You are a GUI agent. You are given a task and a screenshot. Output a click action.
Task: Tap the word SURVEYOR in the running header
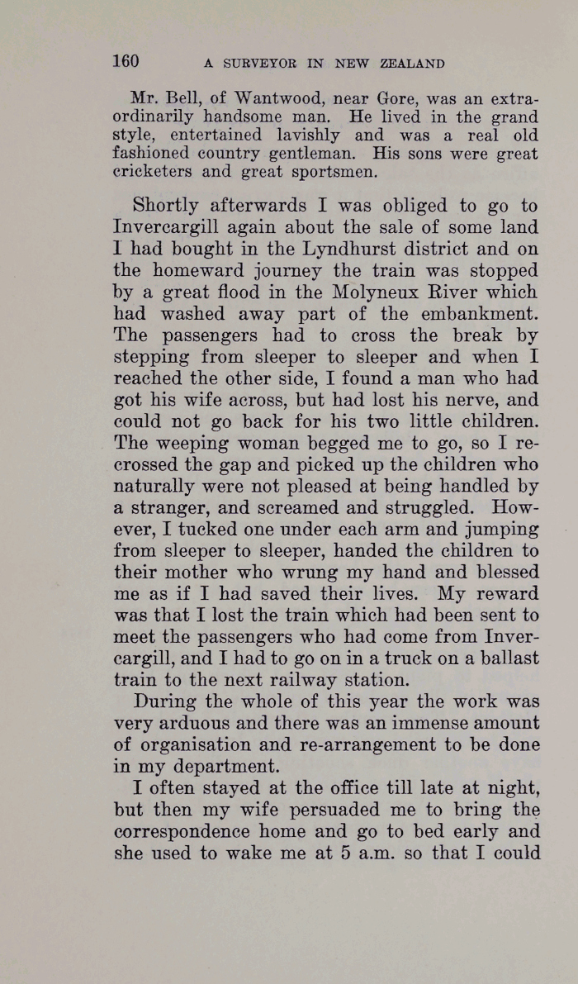tap(253, 64)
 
